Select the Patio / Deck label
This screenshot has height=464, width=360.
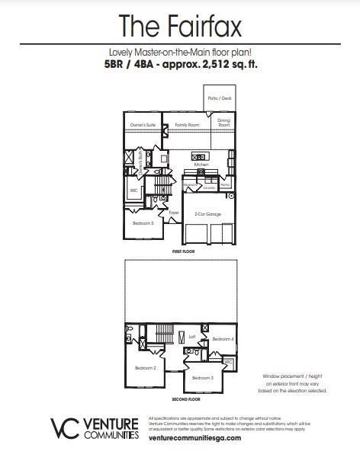tap(220, 98)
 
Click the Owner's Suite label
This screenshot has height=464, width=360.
tap(142, 123)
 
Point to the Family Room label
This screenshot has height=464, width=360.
tap(186, 123)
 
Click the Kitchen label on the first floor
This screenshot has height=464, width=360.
tap(201, 165)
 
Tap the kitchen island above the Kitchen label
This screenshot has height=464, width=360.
tap(201, 157)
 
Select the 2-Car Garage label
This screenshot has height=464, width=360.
tap(207, 214)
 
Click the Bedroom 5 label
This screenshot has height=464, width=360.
tap(143, 223)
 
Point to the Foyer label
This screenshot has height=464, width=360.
tap(174, 213)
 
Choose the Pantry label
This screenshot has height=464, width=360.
tap(225, 185)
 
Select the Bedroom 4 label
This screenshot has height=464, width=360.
tap(222, 338)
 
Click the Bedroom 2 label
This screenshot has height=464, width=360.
tap(145, 368)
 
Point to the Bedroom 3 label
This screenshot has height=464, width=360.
tap(202, 378)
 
